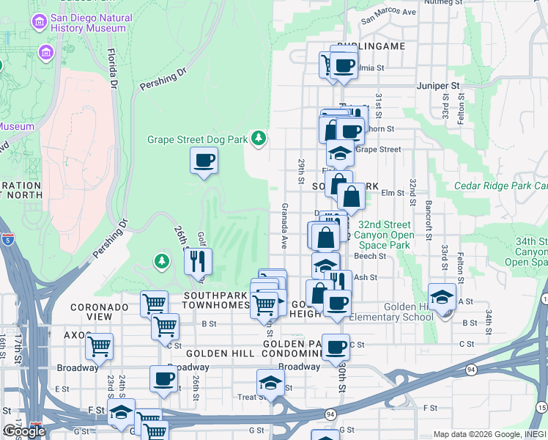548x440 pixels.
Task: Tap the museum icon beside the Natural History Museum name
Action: click(x=38, y=23)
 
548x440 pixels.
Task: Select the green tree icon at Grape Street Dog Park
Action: click(x=258, y=137)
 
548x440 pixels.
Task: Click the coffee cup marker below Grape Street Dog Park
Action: click(x=204, y=159)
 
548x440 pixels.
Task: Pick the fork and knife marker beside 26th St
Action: click(x=196, y=261)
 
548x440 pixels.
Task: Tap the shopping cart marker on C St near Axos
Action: click(x=99, y=345)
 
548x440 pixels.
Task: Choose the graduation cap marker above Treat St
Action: click(x=270, y=382)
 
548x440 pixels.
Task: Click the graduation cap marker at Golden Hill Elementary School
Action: click(x=441, y=297)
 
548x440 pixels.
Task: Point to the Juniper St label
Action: click(x=437, y=86)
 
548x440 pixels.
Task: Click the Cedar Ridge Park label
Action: click(x=500, y=186)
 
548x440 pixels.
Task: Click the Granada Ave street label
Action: click(x=284, y=226)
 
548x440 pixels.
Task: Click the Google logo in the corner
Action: click(x=23, y=431)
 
